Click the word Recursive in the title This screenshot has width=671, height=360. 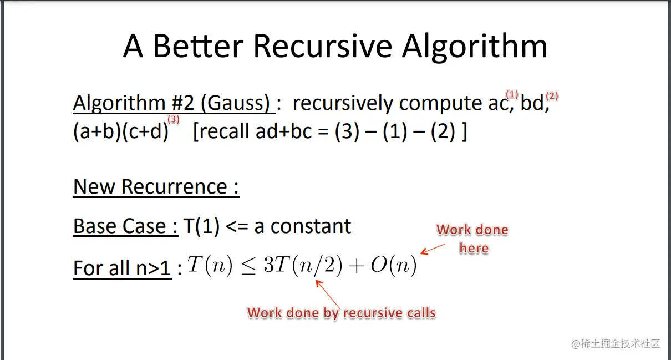click(323, 47)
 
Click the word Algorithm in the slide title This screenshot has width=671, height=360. click(475, 47)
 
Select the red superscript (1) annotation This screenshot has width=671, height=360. click(512, 94)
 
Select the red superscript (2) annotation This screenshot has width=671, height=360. click(552, 96)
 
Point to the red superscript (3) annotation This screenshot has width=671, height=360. click(174, 119)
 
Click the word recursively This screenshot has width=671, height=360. click(343, 104)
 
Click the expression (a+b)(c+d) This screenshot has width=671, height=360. click(121, 131)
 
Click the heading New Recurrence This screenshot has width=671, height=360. click(156, 187)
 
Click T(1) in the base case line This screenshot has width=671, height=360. click(201, 226)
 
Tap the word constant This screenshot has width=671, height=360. click(311, 226)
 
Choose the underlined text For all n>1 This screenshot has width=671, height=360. click(122, 268)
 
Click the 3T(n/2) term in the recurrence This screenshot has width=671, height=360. click(303, 265)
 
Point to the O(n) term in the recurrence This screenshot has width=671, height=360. click(394, 265)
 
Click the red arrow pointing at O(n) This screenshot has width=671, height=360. click(433, 249)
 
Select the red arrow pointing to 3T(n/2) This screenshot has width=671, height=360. click(328, 294)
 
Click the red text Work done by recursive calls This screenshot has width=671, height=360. click(341, 313)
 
